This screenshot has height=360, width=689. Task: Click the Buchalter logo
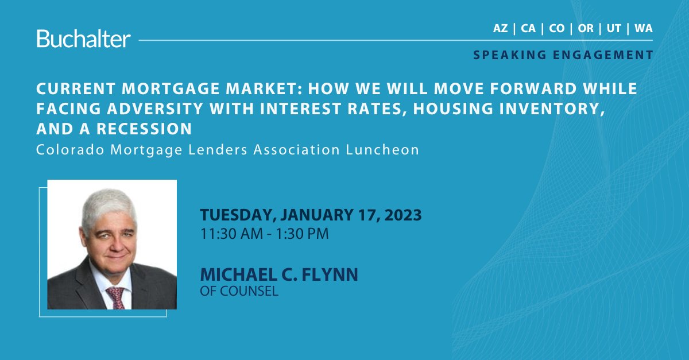pos(84,38)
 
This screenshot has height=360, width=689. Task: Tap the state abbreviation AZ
pos(500,29)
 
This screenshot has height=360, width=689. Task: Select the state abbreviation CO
pos(556,29)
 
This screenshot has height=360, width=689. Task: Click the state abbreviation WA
pos(643,29)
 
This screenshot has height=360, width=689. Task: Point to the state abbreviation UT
pos(614,29)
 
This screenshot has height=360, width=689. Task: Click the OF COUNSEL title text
pos(239,291)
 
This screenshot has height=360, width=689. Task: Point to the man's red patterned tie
pos(115,297)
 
